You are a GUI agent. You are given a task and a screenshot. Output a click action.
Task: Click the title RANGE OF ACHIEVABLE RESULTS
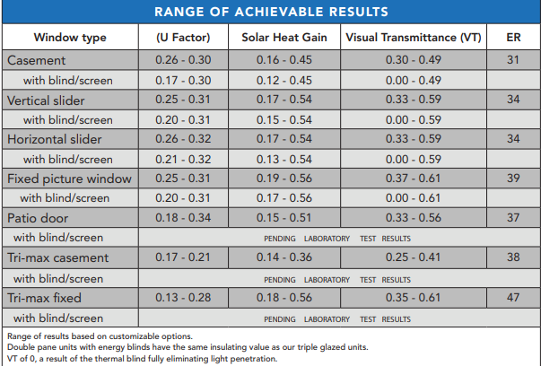[271, 12]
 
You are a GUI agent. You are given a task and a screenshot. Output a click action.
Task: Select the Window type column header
[70, 38]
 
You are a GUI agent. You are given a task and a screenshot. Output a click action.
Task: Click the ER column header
[513, 38]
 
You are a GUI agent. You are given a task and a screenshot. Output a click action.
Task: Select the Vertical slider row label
[48, 100]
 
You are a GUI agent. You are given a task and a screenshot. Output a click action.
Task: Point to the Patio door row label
[39, 218]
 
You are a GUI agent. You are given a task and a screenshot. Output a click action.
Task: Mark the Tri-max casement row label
[57, 257]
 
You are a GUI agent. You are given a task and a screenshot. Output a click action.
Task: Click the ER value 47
[513, 297]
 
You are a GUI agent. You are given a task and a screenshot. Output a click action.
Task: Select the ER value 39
[513, 179]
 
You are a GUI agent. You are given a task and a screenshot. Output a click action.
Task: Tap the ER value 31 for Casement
[513, 60]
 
